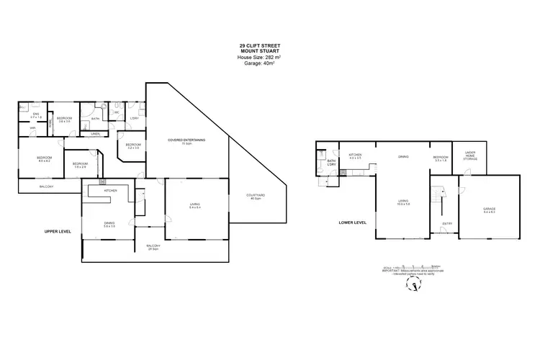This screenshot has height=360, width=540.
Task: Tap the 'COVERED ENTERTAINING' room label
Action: (186, 140)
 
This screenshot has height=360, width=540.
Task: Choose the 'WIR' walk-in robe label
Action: (33, 129)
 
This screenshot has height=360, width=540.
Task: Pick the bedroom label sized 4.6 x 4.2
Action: (45, 158)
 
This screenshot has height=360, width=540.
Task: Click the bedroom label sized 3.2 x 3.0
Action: (132, 146)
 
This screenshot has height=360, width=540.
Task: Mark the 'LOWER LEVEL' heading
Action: (353, 222)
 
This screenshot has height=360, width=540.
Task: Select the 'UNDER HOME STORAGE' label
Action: (470, 155)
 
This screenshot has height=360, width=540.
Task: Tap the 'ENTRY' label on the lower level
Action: (446, 222)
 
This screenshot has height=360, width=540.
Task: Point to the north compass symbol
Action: (414, 286)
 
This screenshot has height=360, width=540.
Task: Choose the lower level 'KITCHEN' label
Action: (356, 156)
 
